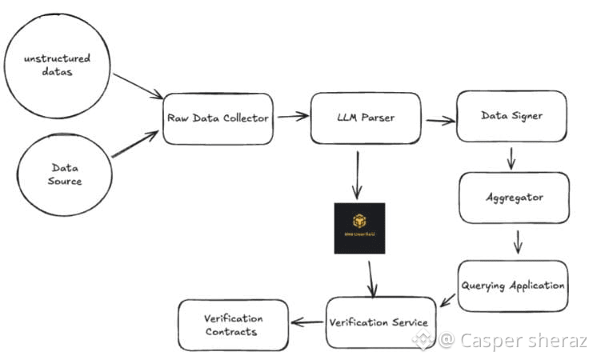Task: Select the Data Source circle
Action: pos(66,174)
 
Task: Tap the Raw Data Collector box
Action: pos(217,118)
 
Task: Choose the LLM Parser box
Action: pos(365,118)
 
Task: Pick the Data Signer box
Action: pos(511,116)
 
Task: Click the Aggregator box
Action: pos(514,197)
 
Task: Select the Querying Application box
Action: pos(513,286)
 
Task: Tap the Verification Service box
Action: pos(381,322)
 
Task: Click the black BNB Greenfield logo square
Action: pos(359,228)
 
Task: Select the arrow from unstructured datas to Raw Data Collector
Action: pos(138,86)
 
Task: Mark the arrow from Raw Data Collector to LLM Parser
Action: pos(292,116)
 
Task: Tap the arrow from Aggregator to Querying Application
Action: pos(518,241)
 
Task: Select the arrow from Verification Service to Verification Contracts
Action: pos(307,322)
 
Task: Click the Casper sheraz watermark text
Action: pos(522,342)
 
